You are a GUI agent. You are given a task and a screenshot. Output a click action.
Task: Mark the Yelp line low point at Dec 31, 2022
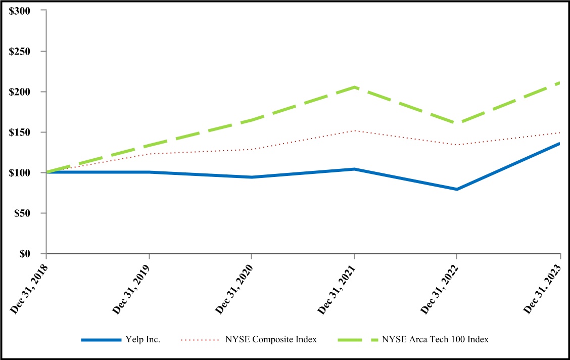[457, 189]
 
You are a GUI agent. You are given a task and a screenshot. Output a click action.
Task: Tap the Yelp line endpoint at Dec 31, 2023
[559, 144]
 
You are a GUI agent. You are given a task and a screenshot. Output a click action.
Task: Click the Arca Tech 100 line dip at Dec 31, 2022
[457, 123]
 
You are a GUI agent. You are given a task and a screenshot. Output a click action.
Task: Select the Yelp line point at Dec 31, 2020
[251, 177]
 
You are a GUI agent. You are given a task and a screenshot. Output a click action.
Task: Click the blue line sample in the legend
[102, 340]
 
